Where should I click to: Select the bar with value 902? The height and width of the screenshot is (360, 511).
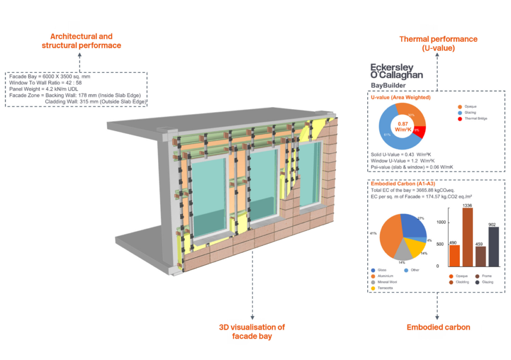(493, 246)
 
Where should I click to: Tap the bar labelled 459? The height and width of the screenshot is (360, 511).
(480, 256)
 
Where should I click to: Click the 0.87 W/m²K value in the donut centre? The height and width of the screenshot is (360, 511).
(402, 126)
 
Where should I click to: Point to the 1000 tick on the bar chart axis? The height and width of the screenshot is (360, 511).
(439, 222)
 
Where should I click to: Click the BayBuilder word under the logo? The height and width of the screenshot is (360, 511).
(388, 85)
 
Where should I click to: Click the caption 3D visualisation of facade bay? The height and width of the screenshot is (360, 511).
(252, 332)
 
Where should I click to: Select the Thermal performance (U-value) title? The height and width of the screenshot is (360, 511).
(438, 43)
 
